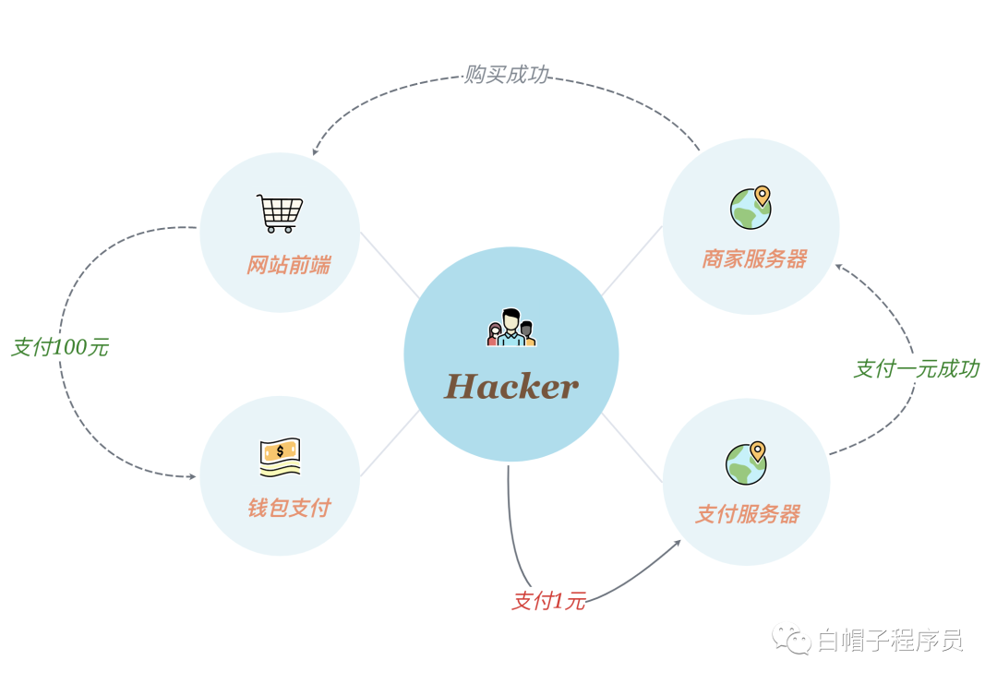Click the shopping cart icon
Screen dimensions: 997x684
click(x=280, y=213)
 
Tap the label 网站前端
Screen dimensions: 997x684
click(x=288, y=266)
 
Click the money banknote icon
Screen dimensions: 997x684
click(x=280, y=456)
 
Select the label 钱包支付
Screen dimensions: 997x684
click(x=288, y=508)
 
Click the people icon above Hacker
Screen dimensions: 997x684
click(x=511, y=329)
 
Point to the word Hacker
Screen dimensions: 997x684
click(x=511, y=386)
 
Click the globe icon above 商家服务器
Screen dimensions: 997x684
click(x=751, y=208)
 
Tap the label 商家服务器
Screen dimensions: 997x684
click(x=754, y=259)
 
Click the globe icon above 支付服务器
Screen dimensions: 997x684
click(x=746, y=463)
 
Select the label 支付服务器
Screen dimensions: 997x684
click(x=747, y=514)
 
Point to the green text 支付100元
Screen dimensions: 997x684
click(x=60, y=348)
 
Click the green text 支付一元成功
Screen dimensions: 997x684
click(x=916, y=369)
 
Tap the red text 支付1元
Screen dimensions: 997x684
click(x=549, y=602)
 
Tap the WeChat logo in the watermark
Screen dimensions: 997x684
click(x=791, y=639)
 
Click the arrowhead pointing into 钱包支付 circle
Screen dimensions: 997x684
click(x=192, y=476)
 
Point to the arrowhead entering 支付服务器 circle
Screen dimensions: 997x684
click(x=677, y=543)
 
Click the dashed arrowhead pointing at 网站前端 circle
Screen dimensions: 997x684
click(x=317, y=151)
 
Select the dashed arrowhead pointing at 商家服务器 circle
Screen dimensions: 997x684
click(x=839, y=267)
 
